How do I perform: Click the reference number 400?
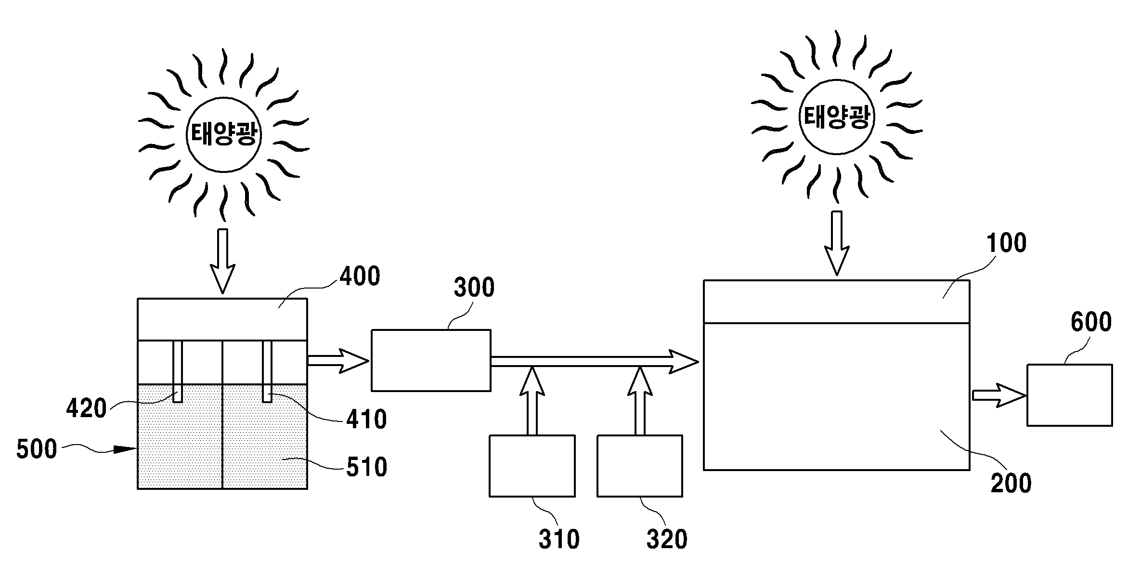pyautogui.click(x=360, y=277)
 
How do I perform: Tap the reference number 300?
pyautogui.click(x=474, y=288)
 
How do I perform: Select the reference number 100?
pyautogui.click(x=1006, y=243)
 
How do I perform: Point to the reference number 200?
pyautogui.click(x=1011, y=483)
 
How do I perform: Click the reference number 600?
pyautogui.click(x=1091, y=322)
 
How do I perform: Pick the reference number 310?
pyautogui.click(x=559, y=540)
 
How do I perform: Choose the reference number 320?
pyautogui.click(x=667, y=540)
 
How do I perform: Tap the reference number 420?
pyautogui.click(x=86, y=409)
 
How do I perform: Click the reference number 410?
pyautogui.click(x=366, y=420)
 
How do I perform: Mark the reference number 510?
pyautogui.click(x=366, y=468)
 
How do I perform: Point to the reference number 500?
pyautogui.click(x=37, y=449)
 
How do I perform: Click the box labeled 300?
pyautogui.click(x=431, y=360)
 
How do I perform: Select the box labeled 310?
pyautogui.click(x=532, y=466)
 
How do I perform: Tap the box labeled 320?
pyautogui.click(x=640, y=466)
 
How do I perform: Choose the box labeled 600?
pyautogui.click(x=1070, y=395)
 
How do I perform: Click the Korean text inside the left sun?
pyautogui.click(x=223, y=134)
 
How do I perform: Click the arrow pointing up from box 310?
pyautogui.click(x=532, y=401)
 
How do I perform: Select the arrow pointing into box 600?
pyautogui.click(x=999, y=395)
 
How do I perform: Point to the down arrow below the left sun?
pyautogui.click(x=223, y=261)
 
